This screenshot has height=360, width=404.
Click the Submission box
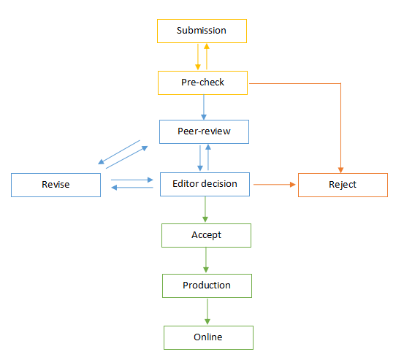pyautogui.click(x=202, y=31)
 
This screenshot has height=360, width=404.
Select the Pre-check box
pyautogui.click(x=203, y=83)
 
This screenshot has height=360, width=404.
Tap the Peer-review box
pyautogui.click(x=204, y=132)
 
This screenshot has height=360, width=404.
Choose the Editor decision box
pyautogui.click(x=205, y=184)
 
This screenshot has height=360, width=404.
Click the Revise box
pyautogui.click(x=56, y=185)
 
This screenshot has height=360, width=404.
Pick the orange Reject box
pyautogui.click(x=343, y=185)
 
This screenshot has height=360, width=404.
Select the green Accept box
pyautogui.click(x=206, y=236)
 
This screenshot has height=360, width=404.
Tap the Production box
pyautogui.click(x=207, y=286)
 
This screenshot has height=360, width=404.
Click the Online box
pyautogui.click(x=208, y=338)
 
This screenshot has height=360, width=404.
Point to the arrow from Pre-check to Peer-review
pyautogui.click(x=204, y=107)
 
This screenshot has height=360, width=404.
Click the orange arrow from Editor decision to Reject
pyautogui.click(x=275, y=184)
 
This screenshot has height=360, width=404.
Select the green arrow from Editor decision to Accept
pyautogui.click(x=205, y=210)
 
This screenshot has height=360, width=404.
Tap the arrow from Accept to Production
pyautogui.click(x=206, y=260)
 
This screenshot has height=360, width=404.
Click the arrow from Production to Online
pyautogui.click(x=207, y=312)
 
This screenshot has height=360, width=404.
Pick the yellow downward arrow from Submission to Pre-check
pyautogui.click(x=198, y=57)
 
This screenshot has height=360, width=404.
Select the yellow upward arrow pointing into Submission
pyautogui.click(x=207, y=57)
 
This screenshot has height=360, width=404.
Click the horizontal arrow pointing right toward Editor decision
pyautogui.click(x=132, y=180)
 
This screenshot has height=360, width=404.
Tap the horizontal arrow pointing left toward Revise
pyautogui.click(x=132, y=188)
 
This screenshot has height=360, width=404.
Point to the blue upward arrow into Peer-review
pyautogui.click(x=208, y=157)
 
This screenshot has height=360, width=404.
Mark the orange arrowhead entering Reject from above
pyautogui.click(x=341, y=170)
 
